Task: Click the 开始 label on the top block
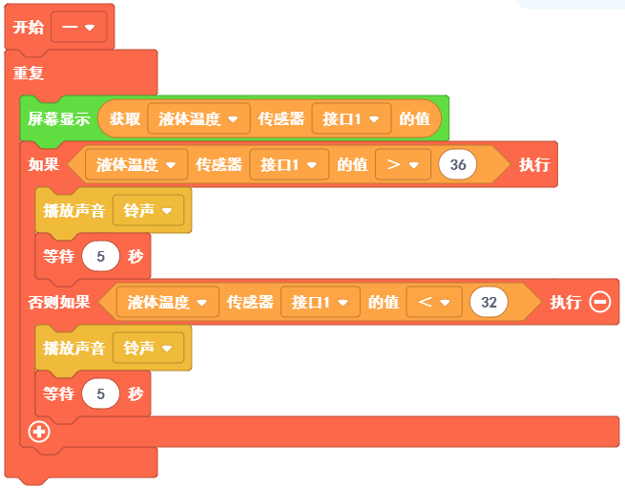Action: pyautogui.click(x=29, y=28)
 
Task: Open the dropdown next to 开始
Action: pyautogui.click(x=78, y=28)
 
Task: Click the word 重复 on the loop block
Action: pyautogui.click(x=29, y=74)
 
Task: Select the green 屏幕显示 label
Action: pyautogui.click(x=59, y=119)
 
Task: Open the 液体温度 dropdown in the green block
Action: pyautogui.click(x=198, y=119)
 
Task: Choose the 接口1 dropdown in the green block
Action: pyautogui.click(x=351, y=119)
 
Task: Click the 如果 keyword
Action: pyautogui.click(x=44, y=165)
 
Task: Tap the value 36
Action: pyautogui.click(x=458, y=165)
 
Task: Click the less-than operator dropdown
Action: pyautogui.click(x=434, y=303)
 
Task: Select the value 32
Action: pyautogui.click(x=489, y=303)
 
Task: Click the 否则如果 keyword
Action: pyautogui.click(x=59, y=303)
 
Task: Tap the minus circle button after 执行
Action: pyautogui.click(x=600, y=303)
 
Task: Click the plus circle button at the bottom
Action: pyautogui.click(x=39, y=432)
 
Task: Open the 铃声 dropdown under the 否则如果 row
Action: pyautogui.click(x=148, y=349)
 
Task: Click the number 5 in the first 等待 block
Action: pyautogui.click(x=100, y=257)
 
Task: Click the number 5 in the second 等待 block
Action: pyautogui.click(x=100, y=393)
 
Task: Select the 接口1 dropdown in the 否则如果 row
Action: pyautogui.click(x=320, y=303)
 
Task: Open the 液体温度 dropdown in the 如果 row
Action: pyautogui.click(x=136, y=165)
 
